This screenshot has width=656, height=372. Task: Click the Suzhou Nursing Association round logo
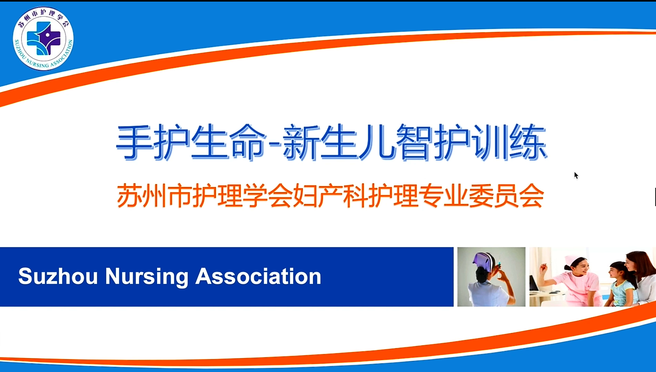tap(43, 38)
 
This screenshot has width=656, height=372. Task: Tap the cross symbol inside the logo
tap(43, 38)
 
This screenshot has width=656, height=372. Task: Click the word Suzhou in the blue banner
tap(58, 276)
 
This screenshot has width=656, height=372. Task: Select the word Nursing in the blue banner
tap(147, 277)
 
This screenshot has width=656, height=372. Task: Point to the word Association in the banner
tap(258, 276)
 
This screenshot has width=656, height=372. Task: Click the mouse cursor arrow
tap(576, 175)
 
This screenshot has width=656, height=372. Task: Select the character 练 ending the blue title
tap(528, 142)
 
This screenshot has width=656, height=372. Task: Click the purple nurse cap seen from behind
tap(483, 262)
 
